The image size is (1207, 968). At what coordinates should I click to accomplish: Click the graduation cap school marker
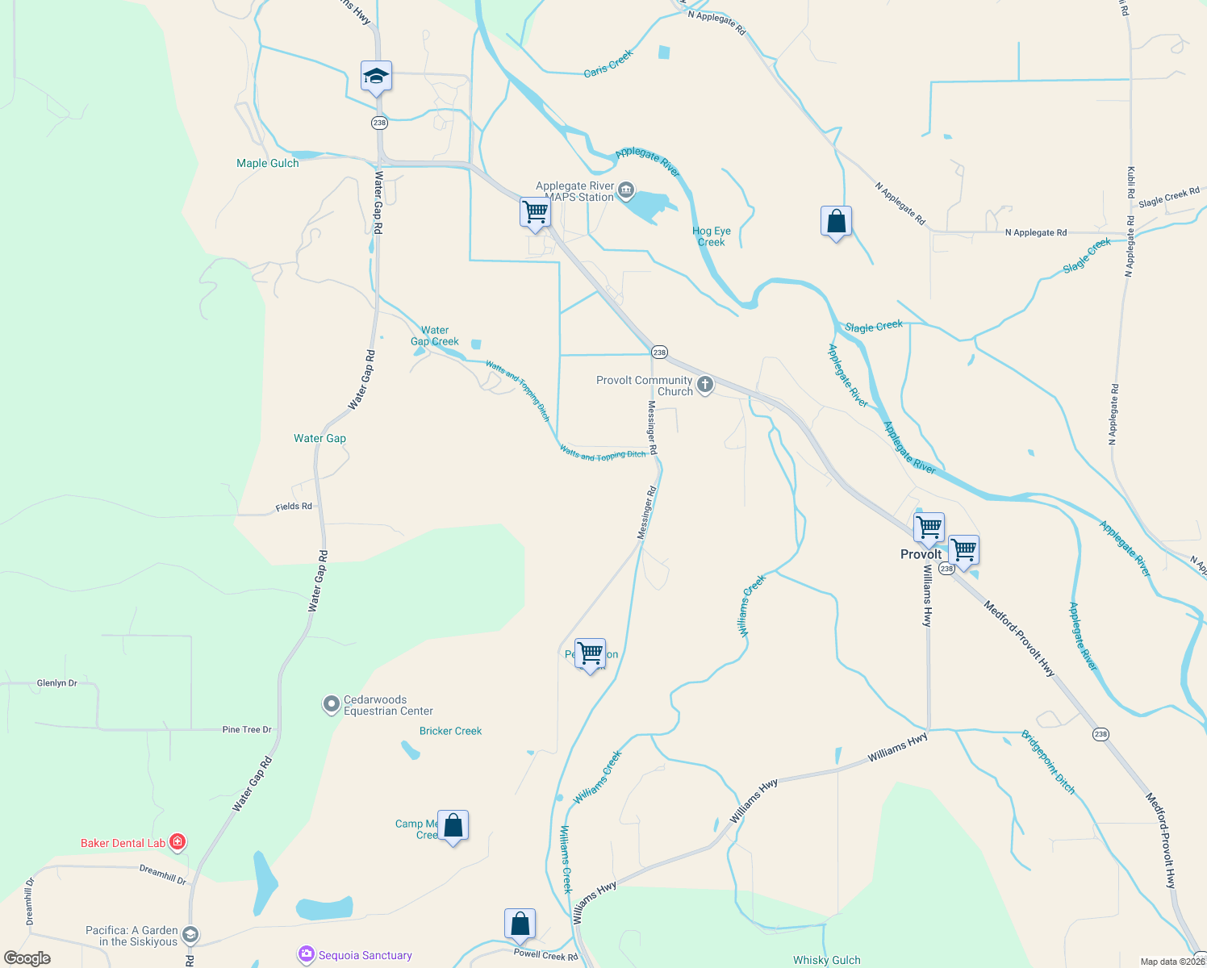[376, 77]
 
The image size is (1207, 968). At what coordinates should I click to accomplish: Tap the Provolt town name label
[921, 554]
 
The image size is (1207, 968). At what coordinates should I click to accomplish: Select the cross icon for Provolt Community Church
[705, 385]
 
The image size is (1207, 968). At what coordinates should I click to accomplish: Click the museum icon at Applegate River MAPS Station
[626, 191]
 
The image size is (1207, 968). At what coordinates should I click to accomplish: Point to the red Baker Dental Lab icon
[177, 843]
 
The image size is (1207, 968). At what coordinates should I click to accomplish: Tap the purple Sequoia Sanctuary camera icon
[306, 955]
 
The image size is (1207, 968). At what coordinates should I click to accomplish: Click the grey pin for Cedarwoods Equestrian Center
[331, 705]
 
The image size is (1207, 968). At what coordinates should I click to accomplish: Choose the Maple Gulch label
[267, 163]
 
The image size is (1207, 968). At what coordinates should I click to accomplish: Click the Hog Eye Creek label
[712, 236]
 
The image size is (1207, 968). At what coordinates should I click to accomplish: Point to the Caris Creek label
[608, 64]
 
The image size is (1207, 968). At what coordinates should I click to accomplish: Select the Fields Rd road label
[294, 507]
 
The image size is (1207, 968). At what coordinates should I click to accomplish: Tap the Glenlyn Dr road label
[57, 683]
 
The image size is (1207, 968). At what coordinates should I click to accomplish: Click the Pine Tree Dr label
[247, 729]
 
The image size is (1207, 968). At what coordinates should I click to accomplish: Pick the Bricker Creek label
[450, 731]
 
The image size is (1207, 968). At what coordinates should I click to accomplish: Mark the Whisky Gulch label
[826, 960]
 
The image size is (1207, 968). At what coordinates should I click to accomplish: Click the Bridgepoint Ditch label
[1048, 762]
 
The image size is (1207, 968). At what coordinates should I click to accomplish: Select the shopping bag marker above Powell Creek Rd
[520, 924]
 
